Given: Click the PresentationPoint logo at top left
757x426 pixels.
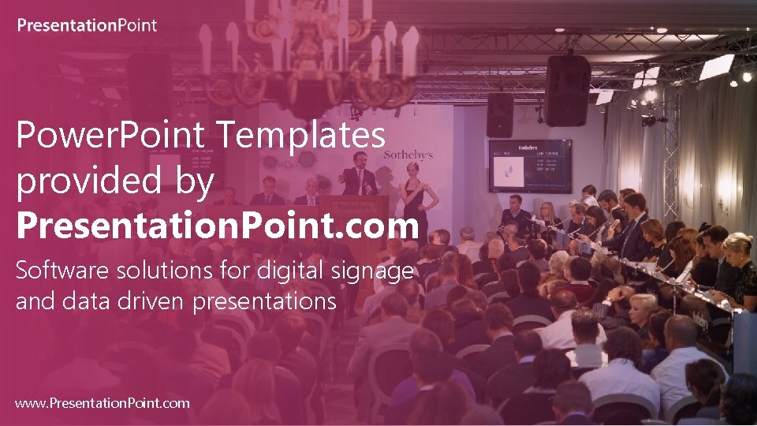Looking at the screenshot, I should pos(87,25).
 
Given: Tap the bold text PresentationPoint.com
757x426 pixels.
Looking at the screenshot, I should pos(217,226).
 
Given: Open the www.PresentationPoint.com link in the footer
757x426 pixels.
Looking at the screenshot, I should pos(103,403).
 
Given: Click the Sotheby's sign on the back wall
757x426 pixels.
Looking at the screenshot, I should pos(408,155).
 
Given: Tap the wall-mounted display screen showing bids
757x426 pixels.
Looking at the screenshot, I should pos(529,166).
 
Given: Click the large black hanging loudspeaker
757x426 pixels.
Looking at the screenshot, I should pos(568,90).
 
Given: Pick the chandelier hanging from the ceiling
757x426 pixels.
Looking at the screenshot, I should pos(308,55).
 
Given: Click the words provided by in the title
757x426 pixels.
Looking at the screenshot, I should pos(115,181).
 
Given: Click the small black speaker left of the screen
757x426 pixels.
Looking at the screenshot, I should pos(499,115).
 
